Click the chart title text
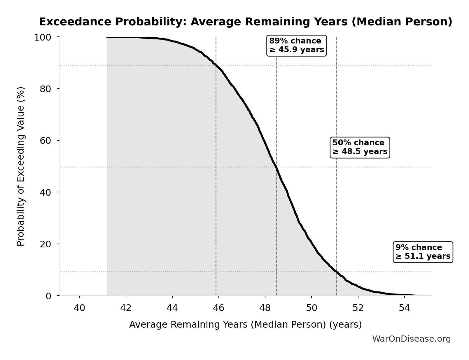point(245,22)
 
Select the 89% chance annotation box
point(296,45)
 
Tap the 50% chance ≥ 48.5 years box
point(360,147)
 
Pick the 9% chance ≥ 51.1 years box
point(423,252)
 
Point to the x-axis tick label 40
point(79,308)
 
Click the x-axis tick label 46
point(218,308)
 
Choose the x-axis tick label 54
point(404,308)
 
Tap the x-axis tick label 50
point(311,308)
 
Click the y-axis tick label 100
point(43,37)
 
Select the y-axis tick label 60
point(45,141)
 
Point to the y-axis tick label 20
point(45,244)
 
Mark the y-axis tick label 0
point(48,296)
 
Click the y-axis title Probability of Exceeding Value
point(21,166)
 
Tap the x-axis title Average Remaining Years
point(245,324)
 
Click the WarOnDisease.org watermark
point(411,339)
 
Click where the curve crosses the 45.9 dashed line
point(216,65)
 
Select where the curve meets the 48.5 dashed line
point(276,167)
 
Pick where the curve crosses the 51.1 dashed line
point(336,272)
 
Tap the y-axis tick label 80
point(45,89)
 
